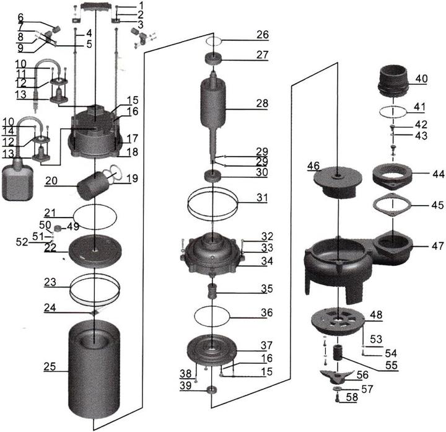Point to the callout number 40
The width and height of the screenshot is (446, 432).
click(x=421, y=79)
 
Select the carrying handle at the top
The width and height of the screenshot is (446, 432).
click(x=96, y=8)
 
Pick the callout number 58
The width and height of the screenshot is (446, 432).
click(x=352, y=397)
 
